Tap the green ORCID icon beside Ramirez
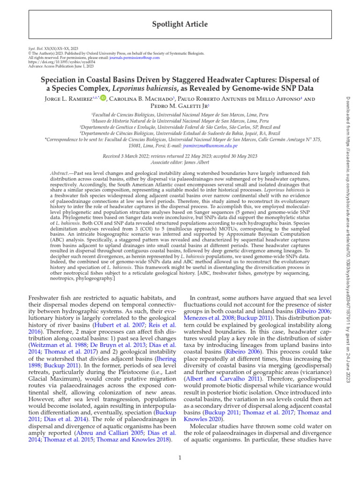point(103,98)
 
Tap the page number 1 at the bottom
point(180,457)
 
